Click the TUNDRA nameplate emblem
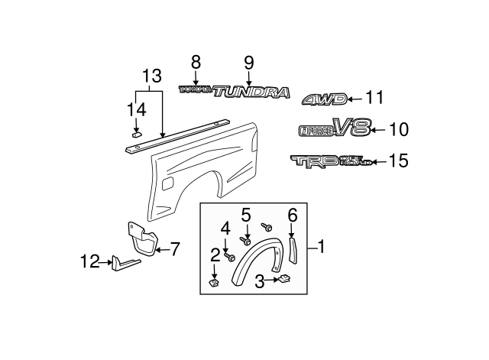click(252, 93)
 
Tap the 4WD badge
click(325, 99)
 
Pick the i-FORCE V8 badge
click(334, 129)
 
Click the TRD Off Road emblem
click(331, 161)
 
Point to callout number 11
click(374, 98)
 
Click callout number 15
click(399, 161)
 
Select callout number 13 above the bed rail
click(152, 76)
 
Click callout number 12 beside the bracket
click(90, 262)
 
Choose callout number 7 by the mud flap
click(173, 248)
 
